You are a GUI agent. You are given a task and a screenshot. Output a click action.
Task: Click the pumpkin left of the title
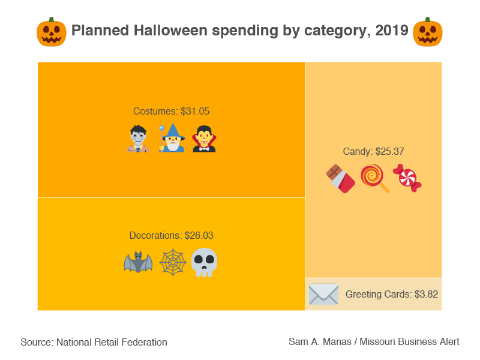[x=51, y=32]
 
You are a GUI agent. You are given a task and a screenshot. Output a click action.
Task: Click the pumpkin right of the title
[x=428, y=32]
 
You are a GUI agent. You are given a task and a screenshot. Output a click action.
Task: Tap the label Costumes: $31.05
[x=171, y=111]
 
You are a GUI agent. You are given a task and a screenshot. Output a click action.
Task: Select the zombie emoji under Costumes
[x=139, y=139]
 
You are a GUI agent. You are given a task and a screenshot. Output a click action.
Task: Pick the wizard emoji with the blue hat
[x=172, y=139]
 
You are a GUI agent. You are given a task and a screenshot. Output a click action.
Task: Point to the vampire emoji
[x=204, y=139]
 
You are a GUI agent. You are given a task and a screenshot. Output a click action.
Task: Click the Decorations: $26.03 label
[x=171, y=235]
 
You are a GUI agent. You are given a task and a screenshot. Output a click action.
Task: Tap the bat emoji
[x=138, y=263]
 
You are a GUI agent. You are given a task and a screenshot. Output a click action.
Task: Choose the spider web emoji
[x=172, y=263]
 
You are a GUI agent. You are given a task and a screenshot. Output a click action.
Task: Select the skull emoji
[x=204, y=263]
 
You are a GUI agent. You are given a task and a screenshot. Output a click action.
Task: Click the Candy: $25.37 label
[x=373, y=151]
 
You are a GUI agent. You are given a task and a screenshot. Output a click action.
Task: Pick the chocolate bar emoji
[x=340, y=179]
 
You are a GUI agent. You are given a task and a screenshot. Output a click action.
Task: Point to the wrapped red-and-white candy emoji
[x=407, y=178]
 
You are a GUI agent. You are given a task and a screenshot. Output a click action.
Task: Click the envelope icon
[x=323, y=295]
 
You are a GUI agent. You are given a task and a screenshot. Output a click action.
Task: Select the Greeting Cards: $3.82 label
[x=391, y=295]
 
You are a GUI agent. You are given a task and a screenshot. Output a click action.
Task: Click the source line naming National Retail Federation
[x=94, y=342]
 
